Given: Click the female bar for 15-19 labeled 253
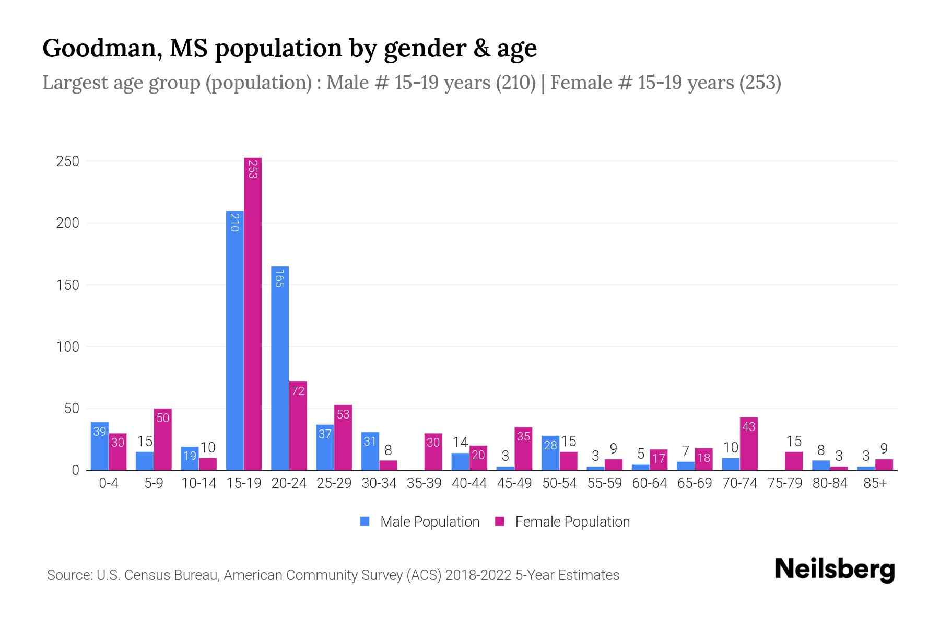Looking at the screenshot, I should click(253, 313).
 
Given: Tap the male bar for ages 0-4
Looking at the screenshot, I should click(99, 446).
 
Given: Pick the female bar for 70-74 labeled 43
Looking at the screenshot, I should click(749, 444).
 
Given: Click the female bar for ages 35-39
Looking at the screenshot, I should click(433, 452).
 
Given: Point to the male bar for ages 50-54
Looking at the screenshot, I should click(550, 452).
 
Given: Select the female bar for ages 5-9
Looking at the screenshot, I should click(162, 439).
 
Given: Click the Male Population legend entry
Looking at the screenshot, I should click(420, 522).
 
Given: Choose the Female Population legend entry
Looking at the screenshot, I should click(562, 522).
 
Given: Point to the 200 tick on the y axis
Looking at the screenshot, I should click(67, 223).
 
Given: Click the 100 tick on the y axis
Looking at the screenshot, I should click(67, 347).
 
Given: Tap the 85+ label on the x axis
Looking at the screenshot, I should click(875, 483).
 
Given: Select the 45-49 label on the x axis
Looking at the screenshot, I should click(514, 483).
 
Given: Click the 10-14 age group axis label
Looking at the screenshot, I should click(198, 483).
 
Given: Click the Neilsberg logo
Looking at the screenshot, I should click(835, 570).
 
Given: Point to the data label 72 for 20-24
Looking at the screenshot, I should click(298, 391).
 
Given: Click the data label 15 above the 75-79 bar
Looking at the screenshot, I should click(794, 442).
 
